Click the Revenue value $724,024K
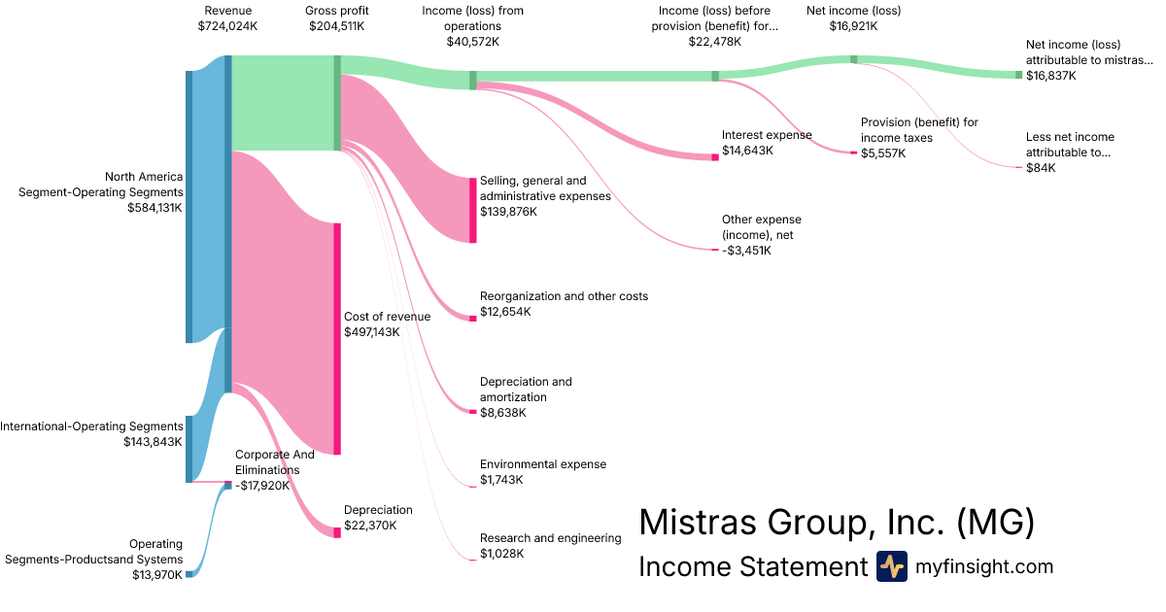pyautogui.click(x=227, y=26)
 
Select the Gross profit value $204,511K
pyautogui.click(x=336, y=26)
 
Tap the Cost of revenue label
pyautogui.click(x=387, y=317)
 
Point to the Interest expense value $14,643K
pyautogui.click(x=747, y=151)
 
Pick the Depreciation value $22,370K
pyautogui.click(x=370, y=526)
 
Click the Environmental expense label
pyautogui.click(x=542, y=464)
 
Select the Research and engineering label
pyautogui.click(x=550, y=538)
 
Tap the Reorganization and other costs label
pyautogui.click(x=564, y=296)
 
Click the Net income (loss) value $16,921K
pyautogui.click(x=852, y=26)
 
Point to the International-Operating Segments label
pyautogui.click(x=91, y=426)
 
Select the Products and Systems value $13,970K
pyautogui.click(x=157, y=574)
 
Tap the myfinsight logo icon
pyautogui.click(x=891, y=566)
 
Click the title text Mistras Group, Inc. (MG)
pyautogui.click(x=836, y=524)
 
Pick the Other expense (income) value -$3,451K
pyautogui.click(x=746, y=251)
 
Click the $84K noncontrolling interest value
pyautogui.click(x=1041, y=168)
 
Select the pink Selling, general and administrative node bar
pyautogui.click(x=473, y=210)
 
